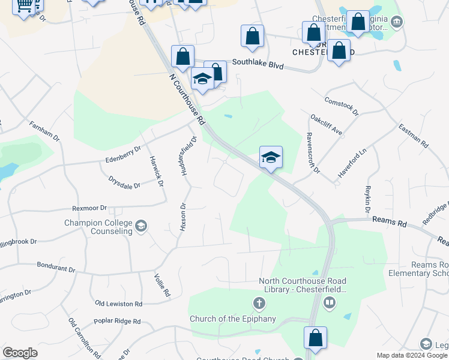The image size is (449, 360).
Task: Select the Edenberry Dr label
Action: click(122, 155)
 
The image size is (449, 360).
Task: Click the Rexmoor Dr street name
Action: click(89, 208)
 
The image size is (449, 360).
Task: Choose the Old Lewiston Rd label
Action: click(118, 304)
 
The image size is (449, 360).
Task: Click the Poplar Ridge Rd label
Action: click(118, 322)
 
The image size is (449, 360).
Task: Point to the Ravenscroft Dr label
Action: click(313, 153)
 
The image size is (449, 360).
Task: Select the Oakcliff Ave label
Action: click(326, 124)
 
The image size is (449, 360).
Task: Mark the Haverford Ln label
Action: click(352, 163)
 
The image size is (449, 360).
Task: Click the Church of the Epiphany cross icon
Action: click(259, 304)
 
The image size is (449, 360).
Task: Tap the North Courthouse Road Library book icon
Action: click(329, 304)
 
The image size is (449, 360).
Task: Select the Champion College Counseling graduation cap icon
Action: click(141, 226)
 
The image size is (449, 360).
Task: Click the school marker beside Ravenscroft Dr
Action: click(271, 158)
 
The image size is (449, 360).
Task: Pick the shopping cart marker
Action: click(23, 5)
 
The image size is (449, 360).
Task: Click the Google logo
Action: click(20, 352)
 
